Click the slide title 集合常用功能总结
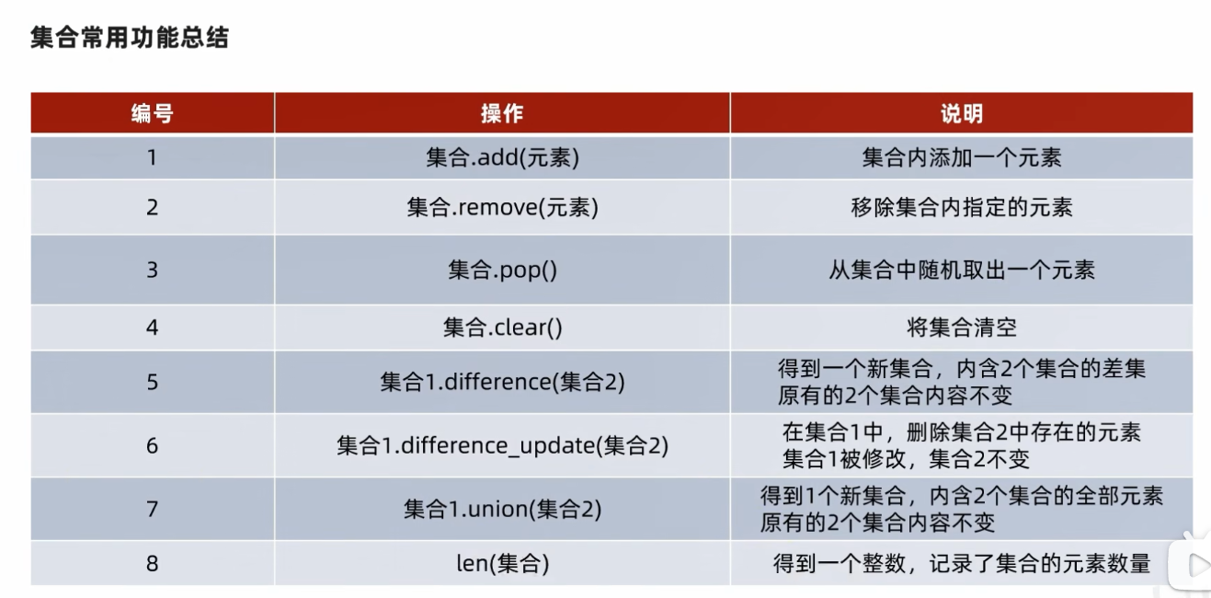[130, 38]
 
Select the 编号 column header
[152, 113]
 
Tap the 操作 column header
[502, 113]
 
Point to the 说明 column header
[961, 113]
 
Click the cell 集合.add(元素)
[502, 158]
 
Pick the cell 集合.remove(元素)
[502, 208]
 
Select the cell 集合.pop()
[502, 270]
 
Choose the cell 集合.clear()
[502, 328]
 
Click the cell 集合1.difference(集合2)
[502, 383]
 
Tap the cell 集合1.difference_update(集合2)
[502, 446]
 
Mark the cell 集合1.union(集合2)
[502, 510]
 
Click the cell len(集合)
[502, 564]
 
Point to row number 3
[152, 270]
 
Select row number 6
[152, 446]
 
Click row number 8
[152, 564]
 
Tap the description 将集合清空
[961, 328]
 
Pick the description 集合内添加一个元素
[961, 158]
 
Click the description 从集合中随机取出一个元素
[961, 270]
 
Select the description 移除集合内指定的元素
[961, 208]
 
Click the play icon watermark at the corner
[1192, 565]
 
